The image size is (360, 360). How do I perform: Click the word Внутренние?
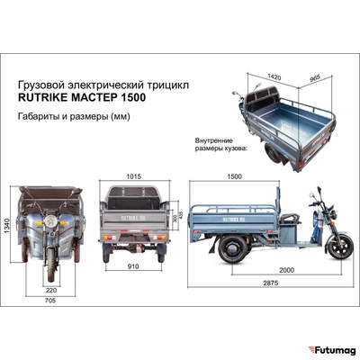214,141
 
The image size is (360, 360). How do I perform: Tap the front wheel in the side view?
337,246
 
